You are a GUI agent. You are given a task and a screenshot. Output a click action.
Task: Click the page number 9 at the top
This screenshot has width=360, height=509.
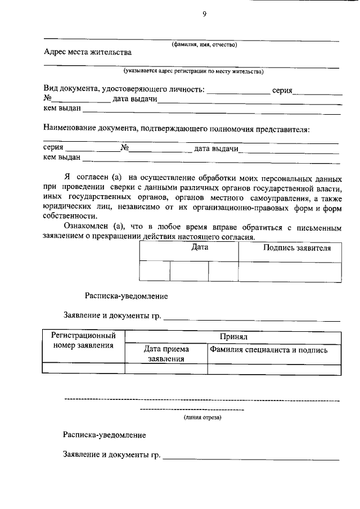205,15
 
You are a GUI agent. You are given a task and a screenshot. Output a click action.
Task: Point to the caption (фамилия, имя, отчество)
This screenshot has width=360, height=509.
205,44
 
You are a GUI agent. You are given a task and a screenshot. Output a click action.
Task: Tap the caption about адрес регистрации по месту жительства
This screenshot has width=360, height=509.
193,71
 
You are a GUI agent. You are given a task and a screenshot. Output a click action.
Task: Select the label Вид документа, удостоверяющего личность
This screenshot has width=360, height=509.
124,90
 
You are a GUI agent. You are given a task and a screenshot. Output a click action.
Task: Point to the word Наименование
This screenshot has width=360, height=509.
70,129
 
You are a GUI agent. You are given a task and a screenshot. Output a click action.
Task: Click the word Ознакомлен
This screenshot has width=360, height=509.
87,226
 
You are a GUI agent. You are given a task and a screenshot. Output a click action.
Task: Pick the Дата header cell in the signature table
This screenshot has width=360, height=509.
200,247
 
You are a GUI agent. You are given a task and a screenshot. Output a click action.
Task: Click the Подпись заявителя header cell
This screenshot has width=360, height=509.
290,248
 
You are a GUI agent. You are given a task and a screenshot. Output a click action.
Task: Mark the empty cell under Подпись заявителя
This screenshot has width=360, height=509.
290,271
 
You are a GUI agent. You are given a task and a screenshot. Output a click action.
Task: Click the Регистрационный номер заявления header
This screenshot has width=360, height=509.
83,340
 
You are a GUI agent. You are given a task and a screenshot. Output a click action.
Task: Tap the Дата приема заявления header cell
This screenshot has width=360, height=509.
166,353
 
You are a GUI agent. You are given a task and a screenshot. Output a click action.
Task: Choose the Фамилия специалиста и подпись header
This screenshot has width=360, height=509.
268,350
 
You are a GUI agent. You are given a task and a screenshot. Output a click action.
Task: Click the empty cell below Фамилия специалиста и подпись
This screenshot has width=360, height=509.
274,369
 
